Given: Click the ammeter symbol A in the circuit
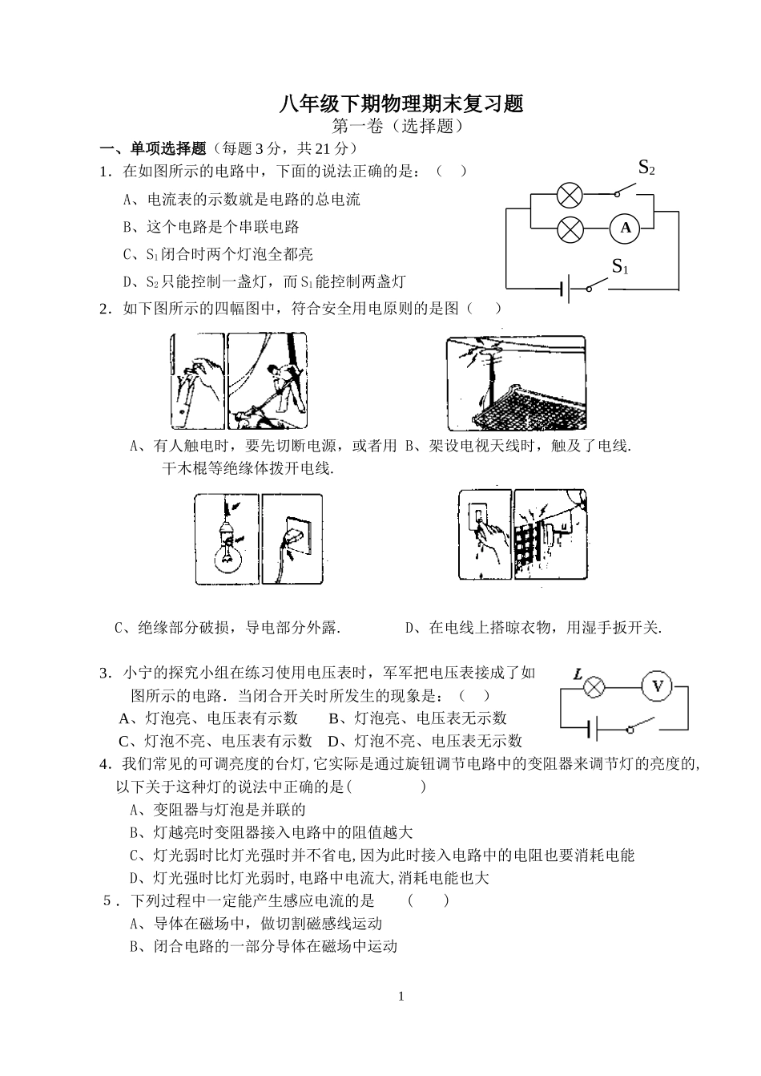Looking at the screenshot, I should pyautogui.click(x=626, y=229).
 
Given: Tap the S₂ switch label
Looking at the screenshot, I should pyautogui.click(x=646, y=168).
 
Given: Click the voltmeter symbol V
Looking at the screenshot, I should pyautogui.click(x=658, y=686).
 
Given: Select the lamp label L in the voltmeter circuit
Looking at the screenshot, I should pyautogui.click(x=578, y=674).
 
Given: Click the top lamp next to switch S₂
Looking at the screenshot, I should pyautogui.click(x=570, y=195).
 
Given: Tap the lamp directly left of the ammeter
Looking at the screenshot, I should pyautogui.click(x=570, y=229).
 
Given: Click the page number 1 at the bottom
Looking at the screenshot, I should pyautogui.click(x=401, y=997).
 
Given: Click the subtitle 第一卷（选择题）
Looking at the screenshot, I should pyautogui.click(x=398, y=126).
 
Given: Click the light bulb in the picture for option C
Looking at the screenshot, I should pyautogui.click(x=227, y=553).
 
